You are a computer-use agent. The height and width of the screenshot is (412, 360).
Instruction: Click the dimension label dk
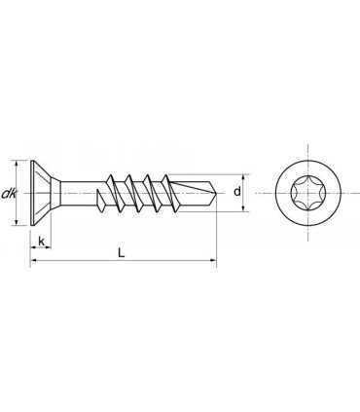(x=9, y=193)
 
